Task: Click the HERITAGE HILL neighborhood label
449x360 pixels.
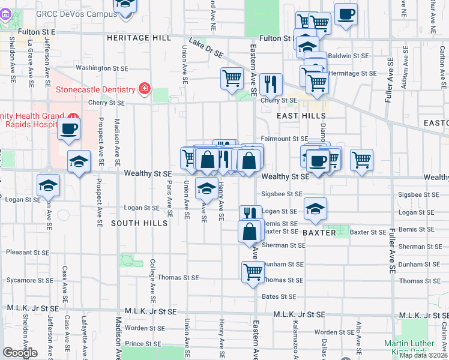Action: coord(139,37)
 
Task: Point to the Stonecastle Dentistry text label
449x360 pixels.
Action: coord(95,90)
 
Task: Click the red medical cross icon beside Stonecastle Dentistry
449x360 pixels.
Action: coord(144,89)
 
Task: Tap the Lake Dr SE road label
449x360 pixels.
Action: coord(206,49)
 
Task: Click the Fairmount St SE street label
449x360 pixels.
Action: coord(285,139)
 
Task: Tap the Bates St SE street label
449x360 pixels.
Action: coord(279,296)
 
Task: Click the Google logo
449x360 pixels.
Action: coord(20,353)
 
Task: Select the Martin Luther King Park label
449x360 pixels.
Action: coord(414,347)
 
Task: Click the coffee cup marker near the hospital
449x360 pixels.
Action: coord(70,128)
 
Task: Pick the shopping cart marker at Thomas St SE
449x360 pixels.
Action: coord(253,271)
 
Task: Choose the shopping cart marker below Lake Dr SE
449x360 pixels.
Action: coord(232,78)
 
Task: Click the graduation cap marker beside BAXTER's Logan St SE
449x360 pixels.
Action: coord(315,208)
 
